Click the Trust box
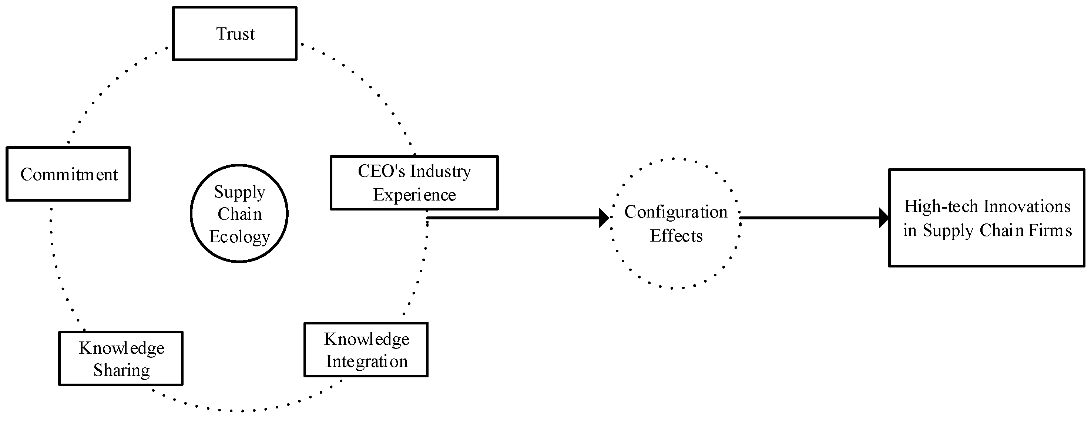point(235,33)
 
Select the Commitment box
point(68,174)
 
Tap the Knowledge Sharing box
point(121,358)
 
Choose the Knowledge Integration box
point(366,350)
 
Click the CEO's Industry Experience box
point(414,182)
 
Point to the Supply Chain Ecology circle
point(239,213)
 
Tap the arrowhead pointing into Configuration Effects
point(604,218)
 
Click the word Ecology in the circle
point(239,236)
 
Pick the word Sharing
point(121,370)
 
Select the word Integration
point(367,361)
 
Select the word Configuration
point(675,212)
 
